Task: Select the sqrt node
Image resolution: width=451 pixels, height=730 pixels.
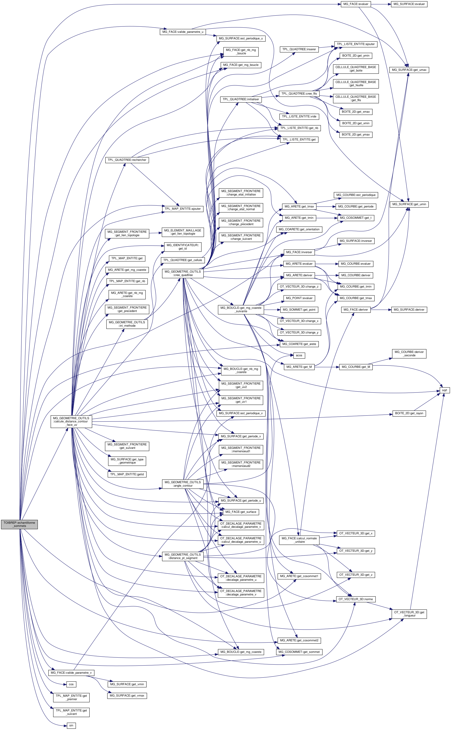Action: [444, 390]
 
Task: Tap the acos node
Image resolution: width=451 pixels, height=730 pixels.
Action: [299, 355]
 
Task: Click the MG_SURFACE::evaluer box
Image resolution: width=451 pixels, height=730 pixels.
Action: [409, 4]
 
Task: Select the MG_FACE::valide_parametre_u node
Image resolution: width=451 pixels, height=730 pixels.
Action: [183, 32]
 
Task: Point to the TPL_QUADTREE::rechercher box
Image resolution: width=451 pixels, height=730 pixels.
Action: [127, 160]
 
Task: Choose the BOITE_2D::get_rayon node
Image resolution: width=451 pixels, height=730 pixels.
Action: [409, 413]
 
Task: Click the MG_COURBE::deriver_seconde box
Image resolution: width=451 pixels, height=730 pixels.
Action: [409, 354]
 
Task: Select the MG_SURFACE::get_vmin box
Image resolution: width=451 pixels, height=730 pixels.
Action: [127, 684]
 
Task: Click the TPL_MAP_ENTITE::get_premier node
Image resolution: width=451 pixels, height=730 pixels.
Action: [71, 697]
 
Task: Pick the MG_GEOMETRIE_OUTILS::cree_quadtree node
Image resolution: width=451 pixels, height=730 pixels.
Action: [183, 273]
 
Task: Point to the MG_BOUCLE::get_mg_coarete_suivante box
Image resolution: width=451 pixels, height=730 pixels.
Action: [241, 309]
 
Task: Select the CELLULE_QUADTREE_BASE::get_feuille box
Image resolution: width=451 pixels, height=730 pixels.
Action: [356, 84]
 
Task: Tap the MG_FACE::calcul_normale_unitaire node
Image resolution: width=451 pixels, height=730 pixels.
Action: [299, 540]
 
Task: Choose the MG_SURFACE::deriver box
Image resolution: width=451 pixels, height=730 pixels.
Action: [409, 310]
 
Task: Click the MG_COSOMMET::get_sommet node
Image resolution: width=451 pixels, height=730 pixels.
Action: [299, 652]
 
